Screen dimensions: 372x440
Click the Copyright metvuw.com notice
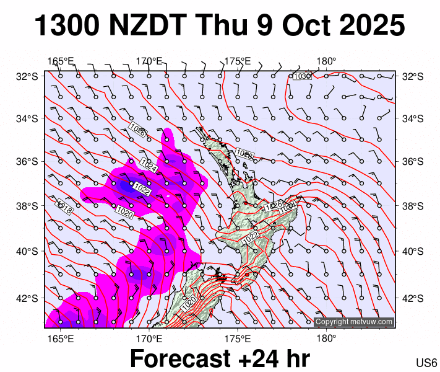(x=353, y=322)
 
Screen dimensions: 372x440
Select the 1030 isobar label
(x=301, y=76)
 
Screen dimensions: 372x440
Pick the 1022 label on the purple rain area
(x=142, y=188)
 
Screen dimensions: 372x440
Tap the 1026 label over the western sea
(x=137, y=130)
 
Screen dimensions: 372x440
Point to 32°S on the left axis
(x=28, y=76)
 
